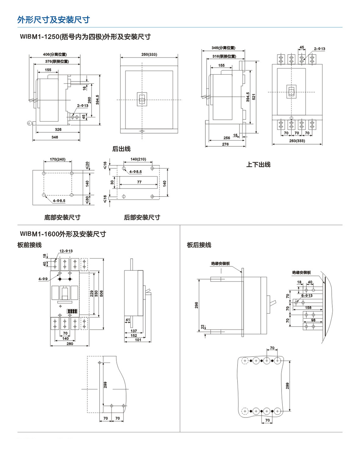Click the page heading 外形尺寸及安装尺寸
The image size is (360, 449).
click(x=53, y=20)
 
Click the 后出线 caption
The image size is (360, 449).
click(x=121, y=149)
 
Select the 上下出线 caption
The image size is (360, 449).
click(x=258, y=164)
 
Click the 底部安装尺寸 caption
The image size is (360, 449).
click(x=62, y=217)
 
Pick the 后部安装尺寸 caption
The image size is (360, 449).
click(x=142, y=217)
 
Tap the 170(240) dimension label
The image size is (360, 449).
click(x=57, y=160)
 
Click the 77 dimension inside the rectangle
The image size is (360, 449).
click(x=139, y=182)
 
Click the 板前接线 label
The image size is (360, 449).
click(x=30, y=245)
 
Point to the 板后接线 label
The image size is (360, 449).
click(x=199, y=245)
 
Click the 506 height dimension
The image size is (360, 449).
click(x=106, y=294)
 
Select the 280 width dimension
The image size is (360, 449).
click(x=69, y=344)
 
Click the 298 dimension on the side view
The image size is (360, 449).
click(x=197, y=305)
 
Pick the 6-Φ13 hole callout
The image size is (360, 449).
click(x=307, y=295)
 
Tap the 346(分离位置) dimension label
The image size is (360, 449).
click(x=223, y=48)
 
